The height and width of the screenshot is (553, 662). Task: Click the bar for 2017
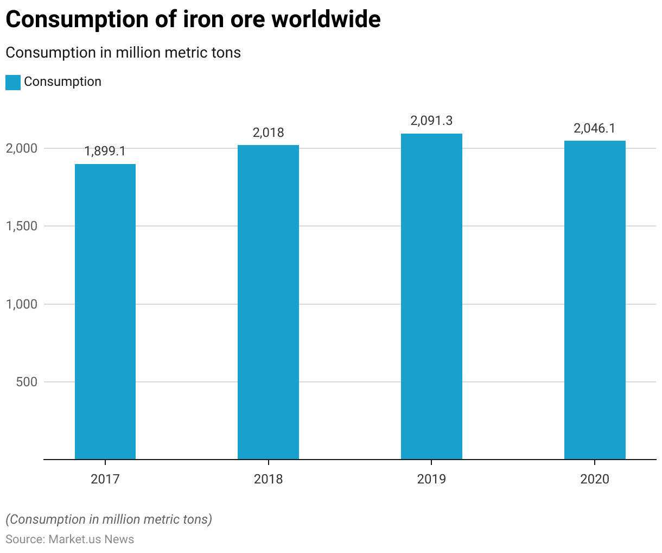105,311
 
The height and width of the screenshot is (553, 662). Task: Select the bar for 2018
268,302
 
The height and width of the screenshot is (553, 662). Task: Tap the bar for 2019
431,296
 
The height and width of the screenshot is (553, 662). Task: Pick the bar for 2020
595,300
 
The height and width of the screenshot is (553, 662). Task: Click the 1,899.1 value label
105,151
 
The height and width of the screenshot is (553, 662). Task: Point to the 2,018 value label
268,133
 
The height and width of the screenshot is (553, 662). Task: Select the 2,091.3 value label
431,121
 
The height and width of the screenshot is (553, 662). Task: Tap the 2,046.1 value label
595,128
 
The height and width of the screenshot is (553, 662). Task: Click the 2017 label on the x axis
105,479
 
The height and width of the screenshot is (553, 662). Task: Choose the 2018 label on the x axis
268,479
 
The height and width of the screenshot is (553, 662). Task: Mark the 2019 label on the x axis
431,479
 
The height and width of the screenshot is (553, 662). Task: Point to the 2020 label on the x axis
595,479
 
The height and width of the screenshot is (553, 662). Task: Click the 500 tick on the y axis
27,382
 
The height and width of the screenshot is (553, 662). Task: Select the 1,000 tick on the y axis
22,304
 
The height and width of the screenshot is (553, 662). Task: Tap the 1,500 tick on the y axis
22,226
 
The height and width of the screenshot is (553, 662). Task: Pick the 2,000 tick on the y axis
22,148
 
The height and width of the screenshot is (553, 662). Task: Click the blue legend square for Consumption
13,82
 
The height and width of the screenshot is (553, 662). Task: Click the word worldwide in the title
326,20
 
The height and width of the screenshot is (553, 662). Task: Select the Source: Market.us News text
70,539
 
